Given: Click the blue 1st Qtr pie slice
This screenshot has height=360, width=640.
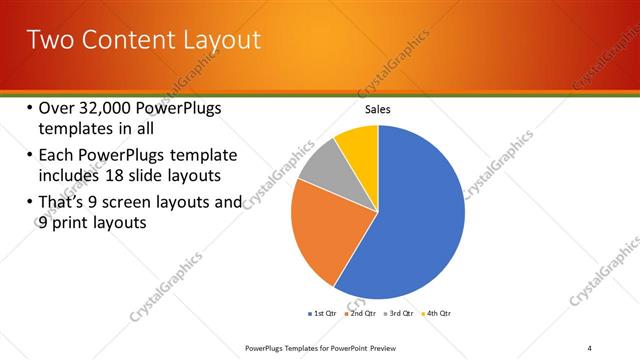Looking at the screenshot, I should [x=420, y=220].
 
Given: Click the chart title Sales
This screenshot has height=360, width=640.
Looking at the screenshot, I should [x=377, y=109].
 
